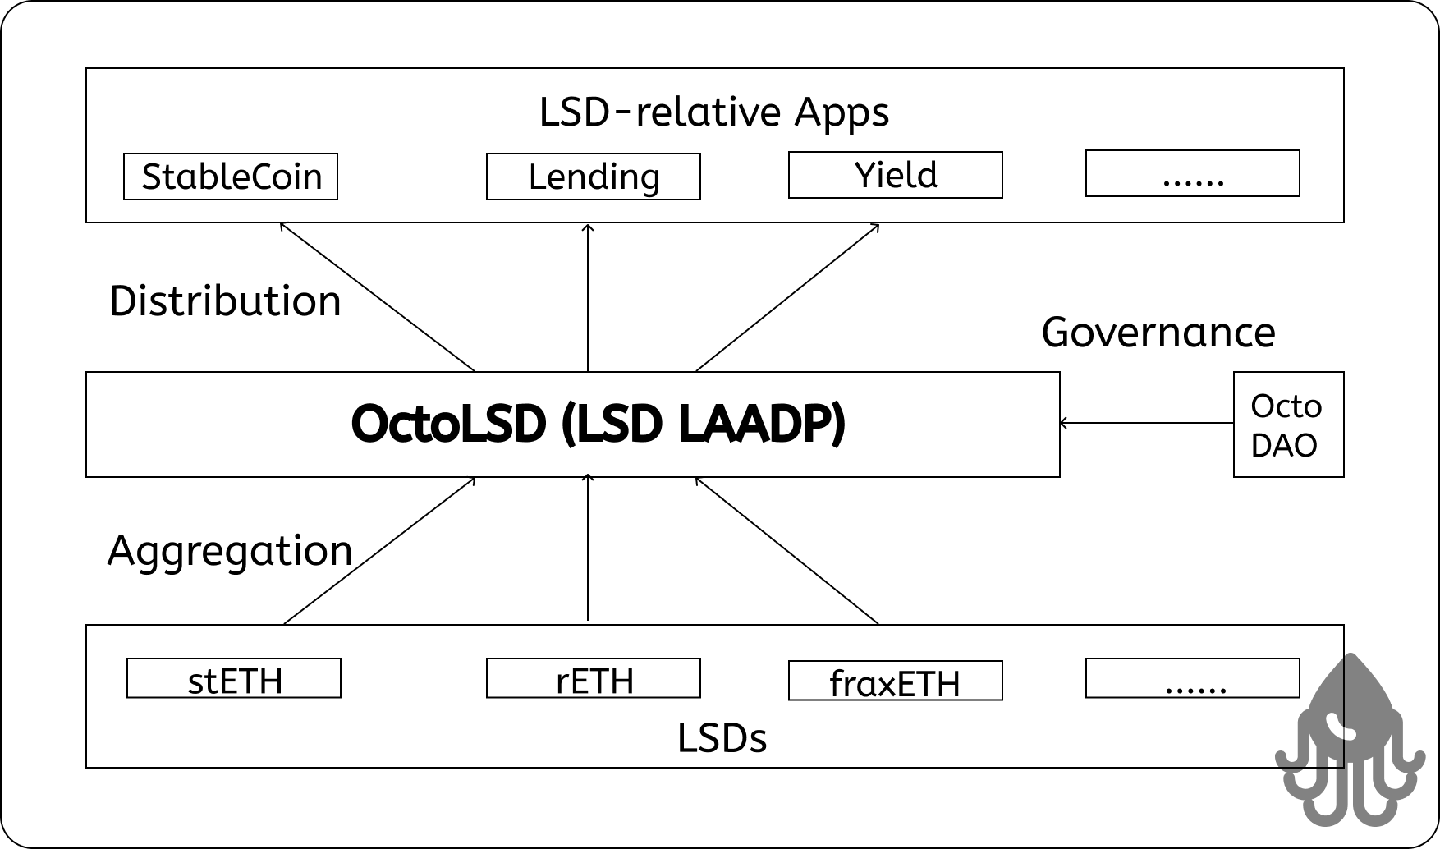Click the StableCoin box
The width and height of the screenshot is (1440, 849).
tap(231, 177)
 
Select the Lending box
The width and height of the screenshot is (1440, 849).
tap(594, 177)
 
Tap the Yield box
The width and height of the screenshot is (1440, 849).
tap(896, 175)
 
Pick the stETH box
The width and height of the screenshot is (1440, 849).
tap(234, 678)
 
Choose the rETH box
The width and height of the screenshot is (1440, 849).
tap(594, 678)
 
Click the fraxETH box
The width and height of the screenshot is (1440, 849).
tap(896, 681)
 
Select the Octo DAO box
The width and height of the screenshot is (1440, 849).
tap(1289, 424)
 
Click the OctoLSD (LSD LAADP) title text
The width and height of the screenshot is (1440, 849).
tap(598, 424)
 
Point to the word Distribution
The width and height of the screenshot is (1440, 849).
tap(225, 301)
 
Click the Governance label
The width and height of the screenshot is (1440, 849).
tap(1158, 333)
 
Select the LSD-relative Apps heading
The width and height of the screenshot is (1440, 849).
tap(714, 112)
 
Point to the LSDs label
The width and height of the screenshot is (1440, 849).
tap(722, 738)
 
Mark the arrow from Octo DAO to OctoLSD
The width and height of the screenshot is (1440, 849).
tap(1147, 423)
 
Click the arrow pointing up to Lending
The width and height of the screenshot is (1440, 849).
tap(588, 297)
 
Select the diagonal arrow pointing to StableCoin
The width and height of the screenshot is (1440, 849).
tap(378, 297)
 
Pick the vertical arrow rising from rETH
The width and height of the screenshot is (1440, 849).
tap(588, 548)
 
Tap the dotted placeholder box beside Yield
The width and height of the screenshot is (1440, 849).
tap(1193, 173)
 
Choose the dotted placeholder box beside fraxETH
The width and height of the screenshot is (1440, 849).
tap(1193, 678)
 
